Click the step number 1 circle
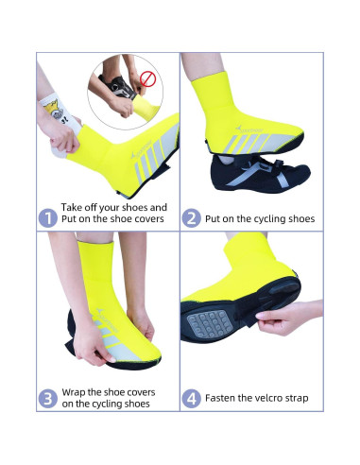pyautogui.click(x=47, y=216)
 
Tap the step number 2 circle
pyautogui.click(x=192, y=216)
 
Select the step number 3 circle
pyautogui.click(x=47, y=398)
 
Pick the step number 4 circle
pyautogui.click(x=192, y=398)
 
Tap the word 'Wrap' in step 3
pyautogui.click(x=77, y=391)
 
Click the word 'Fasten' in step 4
pyautogui.click(x=224, y=398)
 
